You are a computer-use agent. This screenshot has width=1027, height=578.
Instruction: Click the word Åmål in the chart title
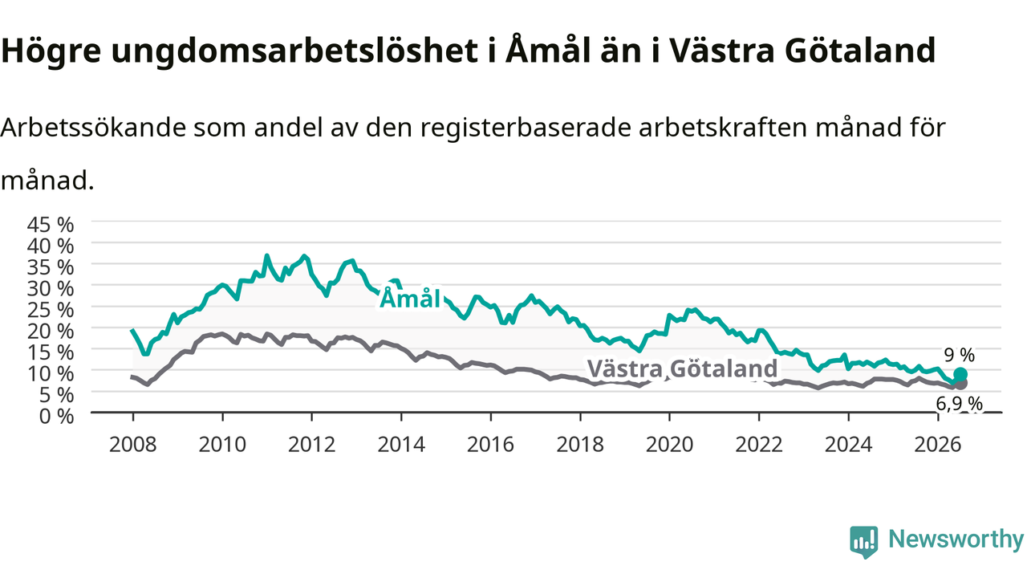(x=548, y=50)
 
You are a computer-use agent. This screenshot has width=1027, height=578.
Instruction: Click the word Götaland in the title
(x=859, y=50)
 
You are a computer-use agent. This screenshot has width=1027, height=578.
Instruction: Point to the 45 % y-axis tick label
(x=51, y=225)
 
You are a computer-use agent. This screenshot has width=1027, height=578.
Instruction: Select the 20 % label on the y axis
(x=51, y=331)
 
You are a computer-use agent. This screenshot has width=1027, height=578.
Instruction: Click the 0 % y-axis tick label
(x=56, y=416)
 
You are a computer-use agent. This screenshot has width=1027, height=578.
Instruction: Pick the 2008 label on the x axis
(x=132, y=445)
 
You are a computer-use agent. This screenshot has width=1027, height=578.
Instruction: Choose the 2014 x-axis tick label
(x=401, y=445)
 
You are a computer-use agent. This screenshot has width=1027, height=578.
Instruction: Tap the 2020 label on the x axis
(x=669, y=445)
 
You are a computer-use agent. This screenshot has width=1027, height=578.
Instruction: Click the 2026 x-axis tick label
(x=938, y=445)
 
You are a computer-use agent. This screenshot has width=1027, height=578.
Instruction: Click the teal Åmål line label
(x=410, y=299)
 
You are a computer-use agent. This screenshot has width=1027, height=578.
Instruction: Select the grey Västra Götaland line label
(x=682, y=368)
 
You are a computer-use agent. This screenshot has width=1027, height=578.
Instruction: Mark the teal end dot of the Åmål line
(x=960, y=374)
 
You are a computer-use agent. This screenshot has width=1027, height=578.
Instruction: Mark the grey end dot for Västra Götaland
(x=960, y=383)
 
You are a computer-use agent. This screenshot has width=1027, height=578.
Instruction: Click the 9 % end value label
(x=959, y=355)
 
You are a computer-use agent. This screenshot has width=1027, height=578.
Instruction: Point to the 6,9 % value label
(x=959, y=404)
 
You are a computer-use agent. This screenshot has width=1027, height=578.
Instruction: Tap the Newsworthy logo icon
(x=864, y=542)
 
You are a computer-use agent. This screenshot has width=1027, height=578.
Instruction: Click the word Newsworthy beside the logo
(x=956, y=539)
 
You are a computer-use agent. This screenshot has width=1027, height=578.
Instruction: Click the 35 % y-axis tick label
(x=51, y=267)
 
